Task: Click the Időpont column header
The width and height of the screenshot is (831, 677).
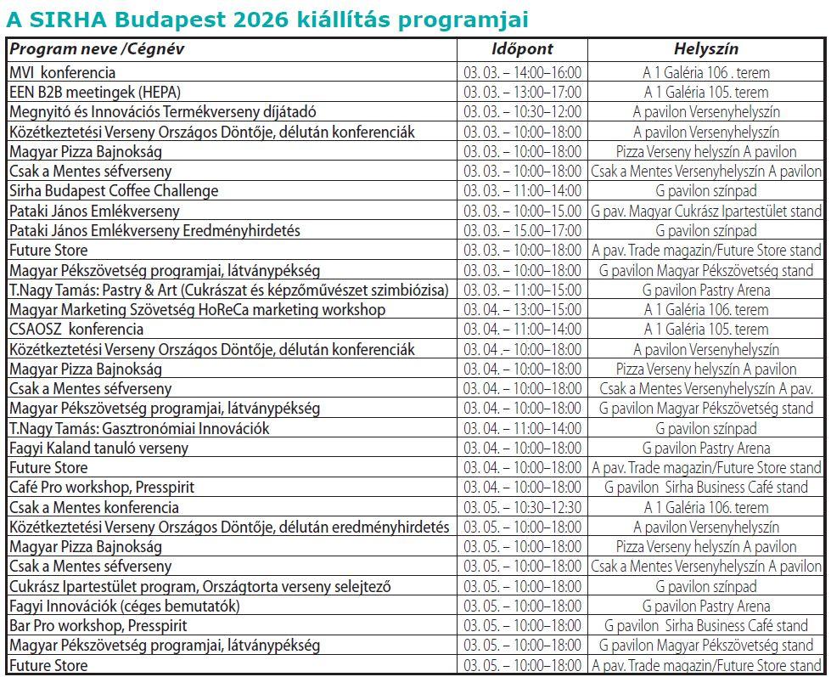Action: (x=522, y=49)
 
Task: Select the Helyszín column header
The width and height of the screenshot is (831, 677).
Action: (x=706, y=49)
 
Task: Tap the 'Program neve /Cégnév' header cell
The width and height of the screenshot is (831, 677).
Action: (x=97, y=49)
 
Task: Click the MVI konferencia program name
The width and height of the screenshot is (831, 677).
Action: (x=63, y=73)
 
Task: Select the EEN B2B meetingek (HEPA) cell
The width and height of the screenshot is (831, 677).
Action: (x=95, y=93)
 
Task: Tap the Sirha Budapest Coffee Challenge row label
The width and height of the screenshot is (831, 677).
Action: (x=114, y=191)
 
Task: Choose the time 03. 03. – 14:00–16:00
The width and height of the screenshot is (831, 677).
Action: (x=522, y=73)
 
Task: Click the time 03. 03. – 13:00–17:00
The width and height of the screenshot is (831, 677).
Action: (x=522, y=93)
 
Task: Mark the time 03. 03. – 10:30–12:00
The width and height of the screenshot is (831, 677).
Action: (x=522, y=112)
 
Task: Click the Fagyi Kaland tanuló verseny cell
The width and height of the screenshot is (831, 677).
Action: (x=98, y=448)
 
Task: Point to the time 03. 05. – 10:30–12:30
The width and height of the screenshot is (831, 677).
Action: (x=522, y=507)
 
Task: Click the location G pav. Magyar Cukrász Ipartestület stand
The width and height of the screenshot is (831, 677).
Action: (x=706, y=211)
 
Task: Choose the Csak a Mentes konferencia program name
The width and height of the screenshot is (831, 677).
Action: (x=94, y=507)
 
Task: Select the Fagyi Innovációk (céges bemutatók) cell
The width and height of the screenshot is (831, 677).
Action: (x=125, y=606)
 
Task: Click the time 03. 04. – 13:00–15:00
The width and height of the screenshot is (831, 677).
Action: (x=522, y=310)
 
